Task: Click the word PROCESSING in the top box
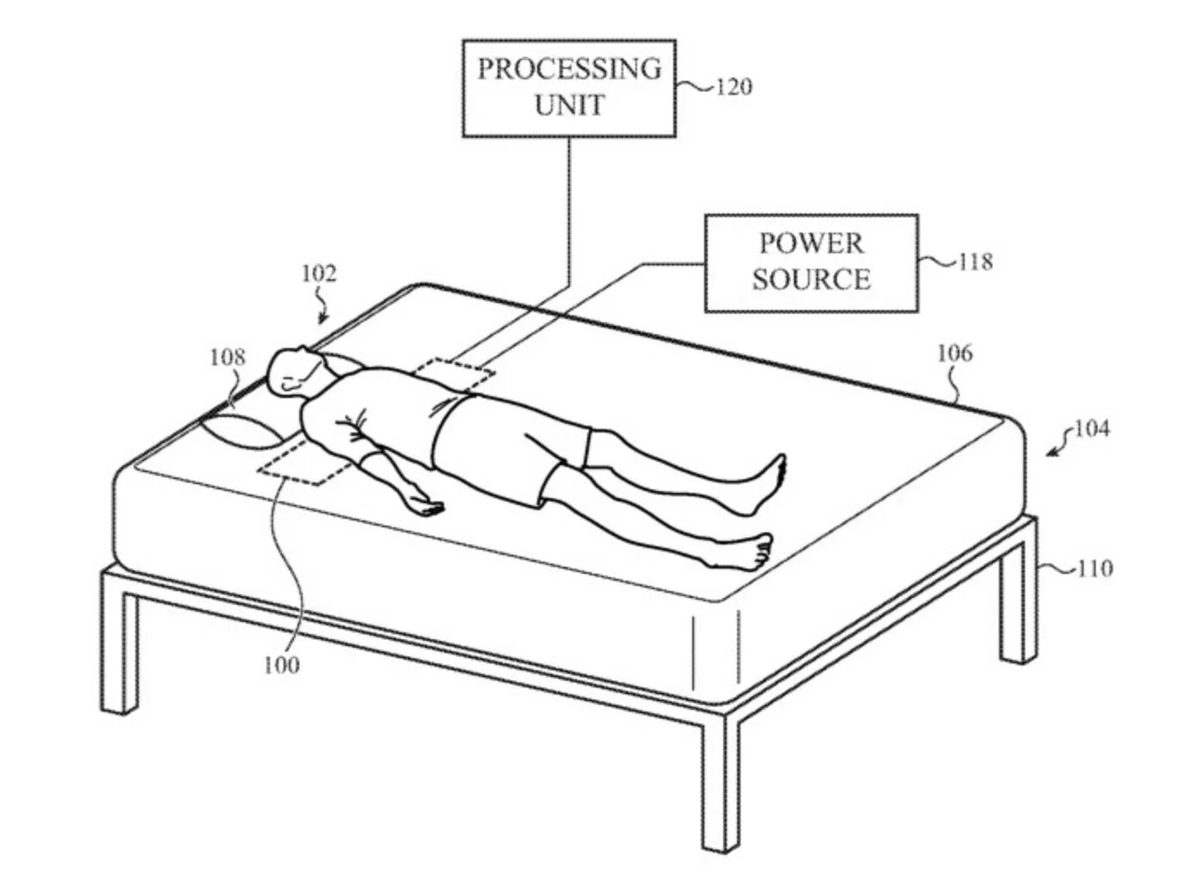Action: point(569,69)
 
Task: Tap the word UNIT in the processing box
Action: point(569,106)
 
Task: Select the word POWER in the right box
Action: point(810,244)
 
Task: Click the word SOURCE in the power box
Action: point(810,279)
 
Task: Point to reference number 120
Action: point(733,87)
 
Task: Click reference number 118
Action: point(975,261)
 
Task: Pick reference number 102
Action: point(317,274)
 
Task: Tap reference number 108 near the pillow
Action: point(227,357)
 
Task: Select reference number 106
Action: point(954,353)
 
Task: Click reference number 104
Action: point(1091,428)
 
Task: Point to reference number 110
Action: point(1094,569)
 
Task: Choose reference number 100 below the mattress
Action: point(282,665)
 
